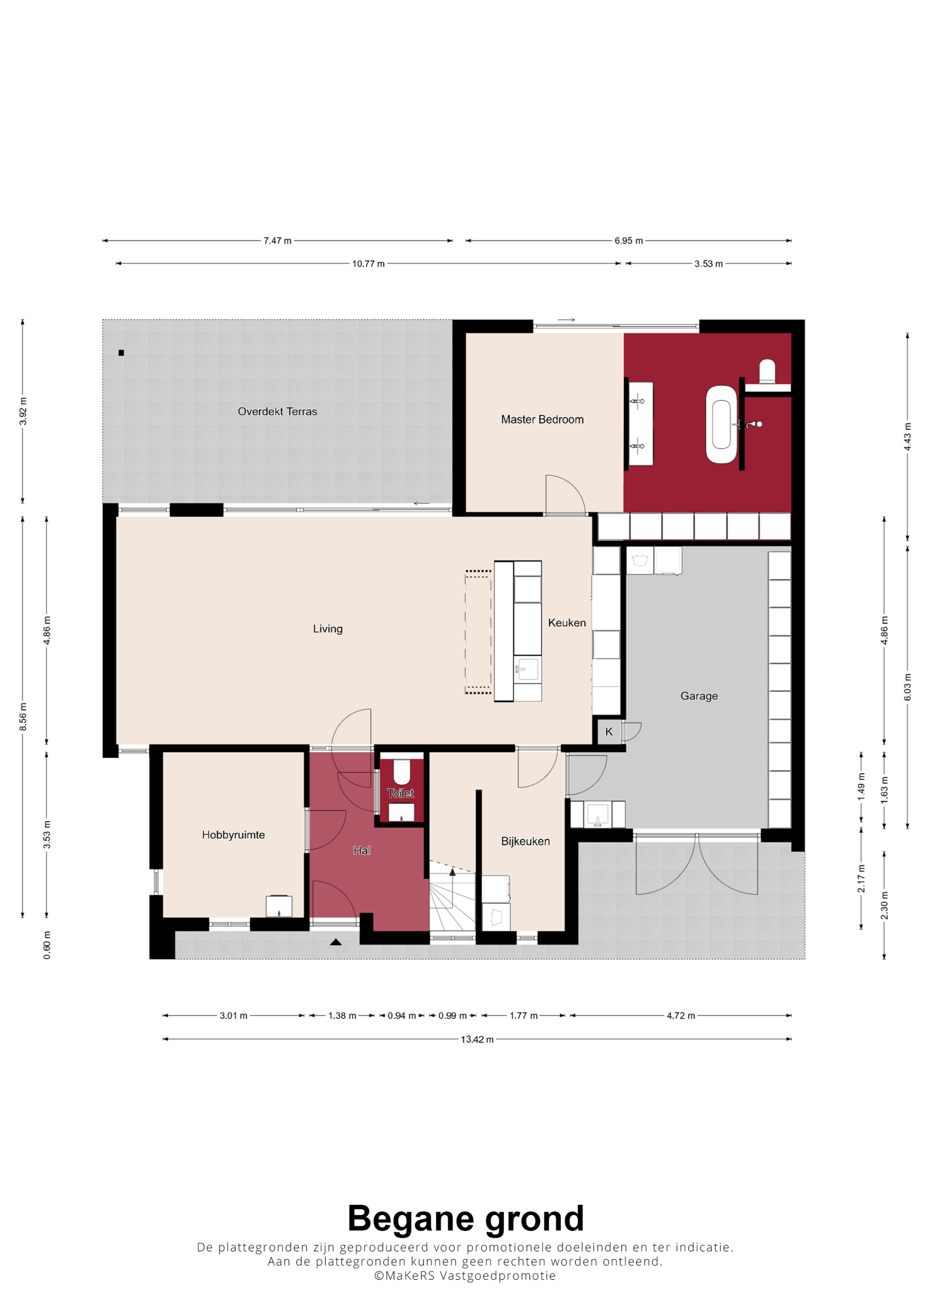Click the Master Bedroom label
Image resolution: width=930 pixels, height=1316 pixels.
click(x=542, y=419)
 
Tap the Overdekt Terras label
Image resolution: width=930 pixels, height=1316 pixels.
click(x=277, y=412)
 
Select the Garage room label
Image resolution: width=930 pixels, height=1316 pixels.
click(x=699, y=696)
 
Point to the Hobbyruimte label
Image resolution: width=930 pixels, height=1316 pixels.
click(x=233, y=835)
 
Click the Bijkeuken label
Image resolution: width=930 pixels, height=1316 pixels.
click(x=525, y=841)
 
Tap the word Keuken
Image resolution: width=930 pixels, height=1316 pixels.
click(x=567, y=623)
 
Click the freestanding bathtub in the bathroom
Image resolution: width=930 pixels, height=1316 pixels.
click(x=721, y=424)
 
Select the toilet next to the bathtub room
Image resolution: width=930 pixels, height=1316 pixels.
click(x=767, y=372)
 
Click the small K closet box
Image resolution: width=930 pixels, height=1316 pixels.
click(x=609, y=732)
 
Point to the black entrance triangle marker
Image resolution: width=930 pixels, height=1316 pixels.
click(x=336, y=942)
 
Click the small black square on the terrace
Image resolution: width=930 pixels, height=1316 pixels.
click(x=121, y=353)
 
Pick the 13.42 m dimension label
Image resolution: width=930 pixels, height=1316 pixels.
click(x=477, y=1039)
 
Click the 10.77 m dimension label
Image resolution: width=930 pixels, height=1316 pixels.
click(x=368, y=264)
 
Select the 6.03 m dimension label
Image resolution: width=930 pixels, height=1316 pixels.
click(x=907, y=686)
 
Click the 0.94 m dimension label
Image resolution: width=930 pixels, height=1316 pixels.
click(x=402, y=1016)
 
